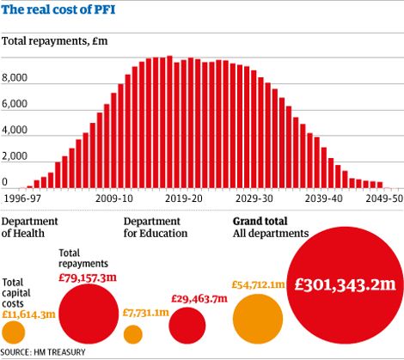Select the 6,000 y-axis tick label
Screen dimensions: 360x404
[15, 104]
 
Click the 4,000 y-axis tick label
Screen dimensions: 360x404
[15, 131]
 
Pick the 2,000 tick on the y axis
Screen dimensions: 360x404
[15, 157]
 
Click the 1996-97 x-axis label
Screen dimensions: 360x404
[23, 198]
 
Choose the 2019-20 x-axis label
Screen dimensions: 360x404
[183, 198]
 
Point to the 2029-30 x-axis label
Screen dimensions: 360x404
[253, 198]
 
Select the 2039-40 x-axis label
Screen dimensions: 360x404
[321, 198]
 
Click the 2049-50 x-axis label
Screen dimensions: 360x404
[382, 198]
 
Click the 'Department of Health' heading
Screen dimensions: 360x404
[31, 228]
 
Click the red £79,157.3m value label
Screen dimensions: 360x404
[87, 277]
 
